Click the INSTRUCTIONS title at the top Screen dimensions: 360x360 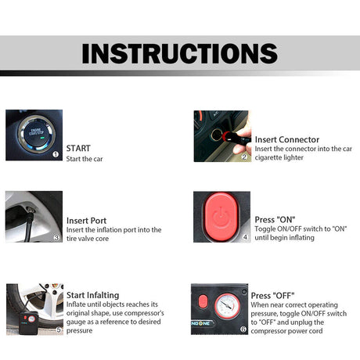tap(179, 53)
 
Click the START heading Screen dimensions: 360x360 tap(78, 147)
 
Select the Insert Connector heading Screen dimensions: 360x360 tap(286, 139)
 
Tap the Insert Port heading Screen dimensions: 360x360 tap(86, 221)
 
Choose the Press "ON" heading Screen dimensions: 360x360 tap(275, 220)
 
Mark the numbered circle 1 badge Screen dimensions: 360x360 tap(56, 155)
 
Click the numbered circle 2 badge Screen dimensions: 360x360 tap(244, 157)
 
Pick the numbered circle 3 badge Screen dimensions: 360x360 tap(56, 237)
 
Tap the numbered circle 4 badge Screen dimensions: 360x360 tap(244, 237)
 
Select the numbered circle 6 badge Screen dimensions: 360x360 tap(243, 329)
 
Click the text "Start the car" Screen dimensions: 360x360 tap(85, 159)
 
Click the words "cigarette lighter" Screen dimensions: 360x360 tap(282, 158)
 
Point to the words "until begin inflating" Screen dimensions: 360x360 tap(284, 238)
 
